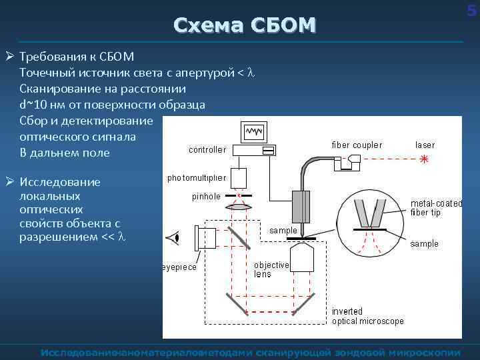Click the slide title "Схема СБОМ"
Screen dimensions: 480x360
pyautogui.click(x=244, y=25)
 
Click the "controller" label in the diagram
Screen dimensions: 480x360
pyautogui.click(x=207, y=150)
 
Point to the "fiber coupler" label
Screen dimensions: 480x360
pyautogui.click(x=357, y=145)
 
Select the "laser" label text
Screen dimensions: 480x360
pyautogui.click(x=425, y=145)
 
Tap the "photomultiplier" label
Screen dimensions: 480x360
pyautogui.click(x=197, y=178)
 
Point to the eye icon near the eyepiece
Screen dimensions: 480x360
pyautogui.click(x=175, y=237)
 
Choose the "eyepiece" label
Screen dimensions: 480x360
pyautogui.click(x=179, y=267)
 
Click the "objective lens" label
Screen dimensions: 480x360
pyautogui.click(x=271, y=269)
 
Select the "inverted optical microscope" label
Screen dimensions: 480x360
pyautogui.click(x=368, y=316)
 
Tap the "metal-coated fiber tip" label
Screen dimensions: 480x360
pyautogui.click(x=435, y=207)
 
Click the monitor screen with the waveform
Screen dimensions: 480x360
pyautogui.click(x=254, y=132)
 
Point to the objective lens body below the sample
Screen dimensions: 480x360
pyautogui.click(x=305, y=257)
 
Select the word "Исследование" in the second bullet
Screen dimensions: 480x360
pyautogui.click(x=60, y=182)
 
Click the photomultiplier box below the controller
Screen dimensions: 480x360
pyautogui.click(x=240, y=177)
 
